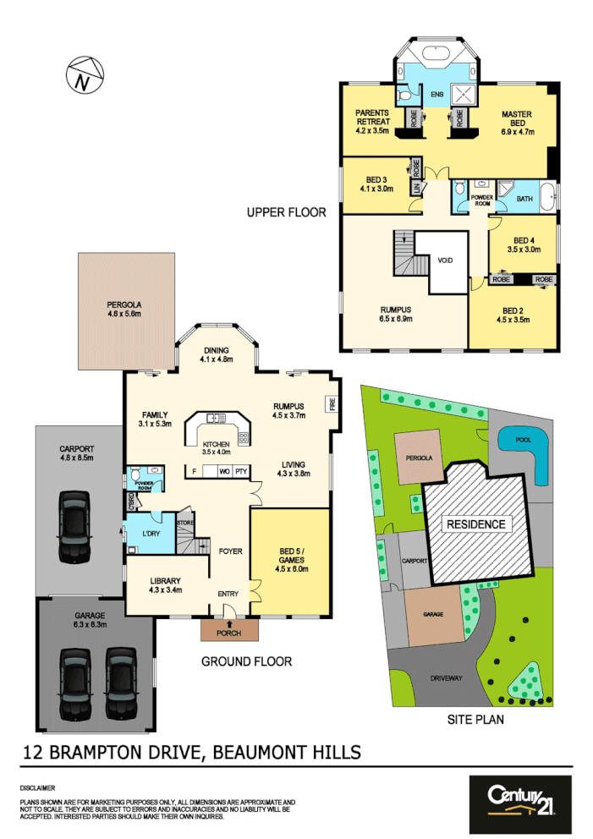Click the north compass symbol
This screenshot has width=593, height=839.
tap(82, 74)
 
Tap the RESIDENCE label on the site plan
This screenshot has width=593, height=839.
tap(475, 524)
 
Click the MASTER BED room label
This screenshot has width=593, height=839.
tap(515, 119)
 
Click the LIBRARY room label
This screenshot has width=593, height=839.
tap(164, 582)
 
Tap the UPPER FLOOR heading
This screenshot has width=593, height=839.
tap(286, 212)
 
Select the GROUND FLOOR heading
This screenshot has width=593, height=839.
tap(246, 661)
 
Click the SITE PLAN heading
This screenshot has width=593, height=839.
tap(475, 720)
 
